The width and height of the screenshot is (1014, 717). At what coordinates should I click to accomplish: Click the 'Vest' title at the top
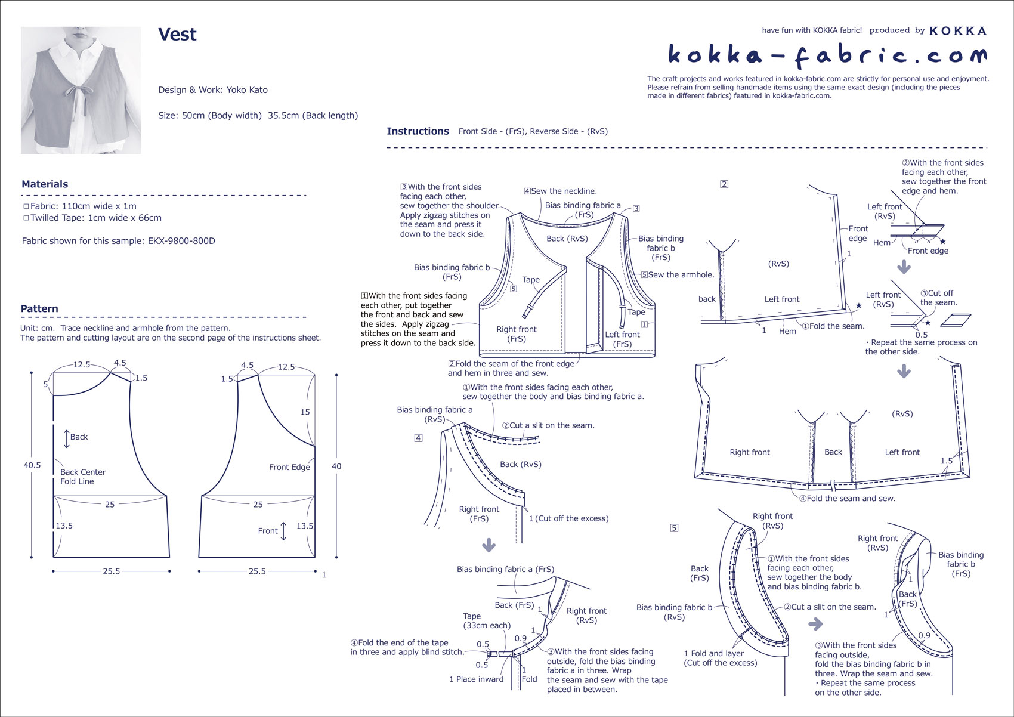click(x=177, y=35)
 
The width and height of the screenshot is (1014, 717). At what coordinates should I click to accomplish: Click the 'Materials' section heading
click(x=45, y=184)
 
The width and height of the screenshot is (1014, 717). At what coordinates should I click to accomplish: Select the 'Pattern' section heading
click(x=39, y=309)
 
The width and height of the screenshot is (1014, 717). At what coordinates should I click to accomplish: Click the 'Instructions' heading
click(x=418, y=131)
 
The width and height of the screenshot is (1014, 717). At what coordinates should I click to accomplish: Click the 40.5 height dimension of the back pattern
click(x=32, y=465)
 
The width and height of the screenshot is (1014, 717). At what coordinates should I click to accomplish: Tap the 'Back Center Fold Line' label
click(x=82, y=477)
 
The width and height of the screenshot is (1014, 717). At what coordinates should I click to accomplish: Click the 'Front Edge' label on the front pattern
click(x=289, y=467)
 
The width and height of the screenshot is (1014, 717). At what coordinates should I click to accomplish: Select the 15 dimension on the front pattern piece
click(x=305, y=412)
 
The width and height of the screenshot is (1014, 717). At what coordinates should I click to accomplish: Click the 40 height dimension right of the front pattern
click(x=336, y=466)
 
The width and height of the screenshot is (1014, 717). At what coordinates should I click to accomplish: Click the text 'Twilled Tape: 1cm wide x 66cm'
click(x=96, y=218)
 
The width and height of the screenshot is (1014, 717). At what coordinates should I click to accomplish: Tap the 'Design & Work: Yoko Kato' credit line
click(x=213, y=90)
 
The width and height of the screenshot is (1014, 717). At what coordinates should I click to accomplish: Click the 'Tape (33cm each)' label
click(x=487, y=621)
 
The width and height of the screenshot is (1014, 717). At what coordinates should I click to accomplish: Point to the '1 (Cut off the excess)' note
click(x=568, y=518)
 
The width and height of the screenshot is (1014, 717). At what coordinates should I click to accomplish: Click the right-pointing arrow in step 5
click(x=815, y=625)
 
